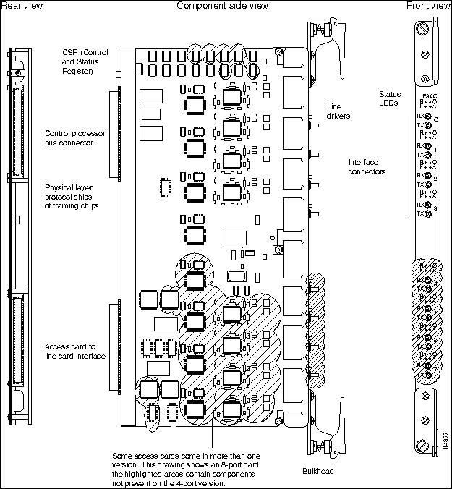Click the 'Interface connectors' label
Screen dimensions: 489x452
pos(367,166)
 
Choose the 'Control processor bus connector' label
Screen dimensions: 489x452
pos(69,137)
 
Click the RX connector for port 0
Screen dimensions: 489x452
pos(428,116)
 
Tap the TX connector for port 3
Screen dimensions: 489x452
pos(428,214)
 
